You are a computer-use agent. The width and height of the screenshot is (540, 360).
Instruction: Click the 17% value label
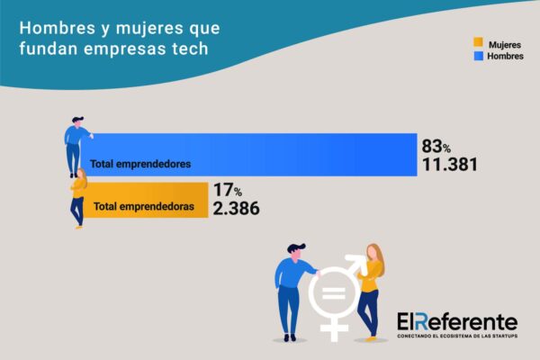(x=228, y=190)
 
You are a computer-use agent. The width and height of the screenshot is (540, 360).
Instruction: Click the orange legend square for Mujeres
(x=478, y=42)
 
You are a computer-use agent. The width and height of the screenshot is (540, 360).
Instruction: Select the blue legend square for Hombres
(x=478, y=56)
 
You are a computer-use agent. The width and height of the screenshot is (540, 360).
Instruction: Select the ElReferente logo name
(x=457, y=321)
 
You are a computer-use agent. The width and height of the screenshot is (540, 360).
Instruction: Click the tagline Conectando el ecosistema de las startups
(x=457, y=337)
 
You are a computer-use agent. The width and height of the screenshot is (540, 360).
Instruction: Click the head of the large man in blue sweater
(x=296, y=249)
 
